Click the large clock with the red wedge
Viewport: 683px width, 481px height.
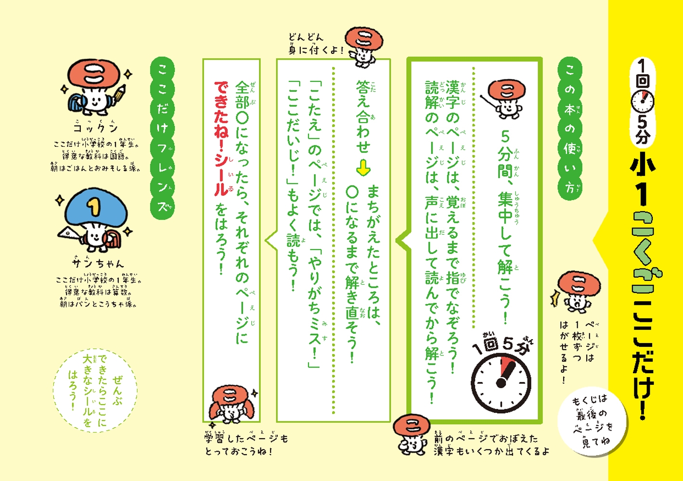[x=501, y=383]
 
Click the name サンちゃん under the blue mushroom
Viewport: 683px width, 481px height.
[x=98, y=263]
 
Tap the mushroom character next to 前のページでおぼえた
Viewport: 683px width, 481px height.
[x=412, y=435]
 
